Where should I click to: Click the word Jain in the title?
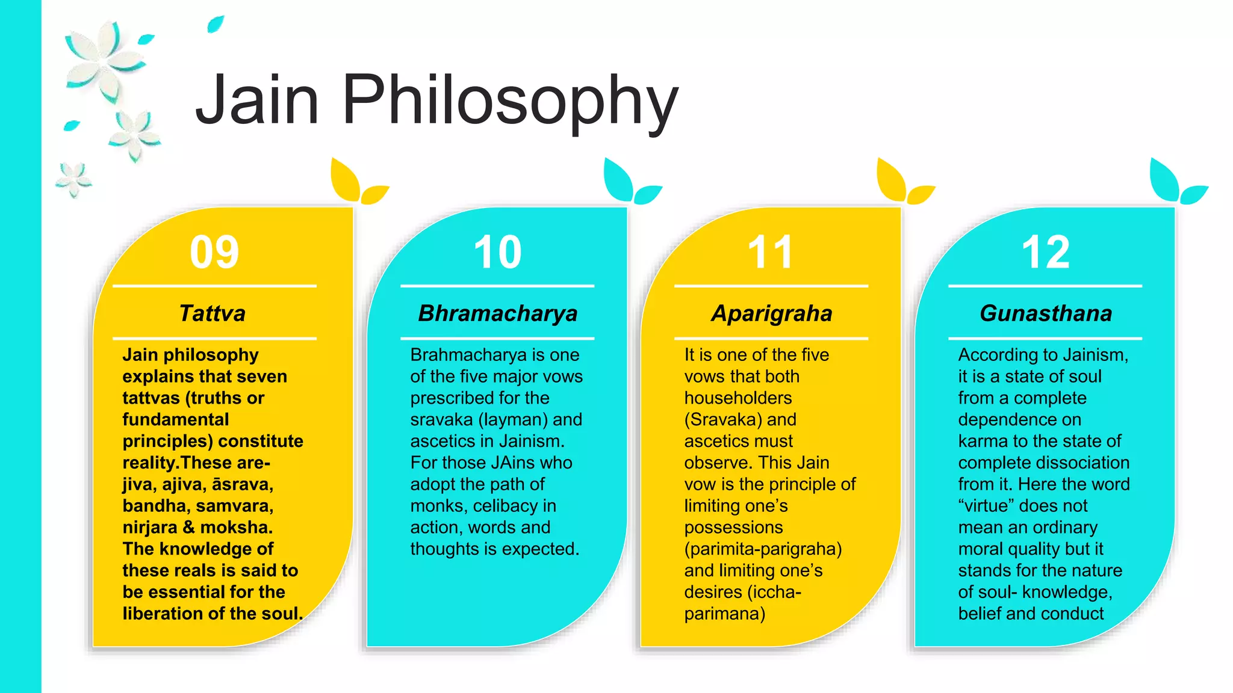[257, 99]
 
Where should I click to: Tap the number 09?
[214, 252]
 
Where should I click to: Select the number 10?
[497, 252]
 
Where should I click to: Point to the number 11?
[770, 252]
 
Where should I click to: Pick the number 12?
[1046, 252]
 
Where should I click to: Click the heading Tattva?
[213, 313]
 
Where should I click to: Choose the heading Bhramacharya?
[497, 313]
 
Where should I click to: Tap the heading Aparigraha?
[771, 313]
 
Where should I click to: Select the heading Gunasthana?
[1046, 313]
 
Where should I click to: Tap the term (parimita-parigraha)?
[763, 549]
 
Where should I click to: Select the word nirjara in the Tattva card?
[150, 528]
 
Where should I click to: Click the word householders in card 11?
[738, 398]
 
